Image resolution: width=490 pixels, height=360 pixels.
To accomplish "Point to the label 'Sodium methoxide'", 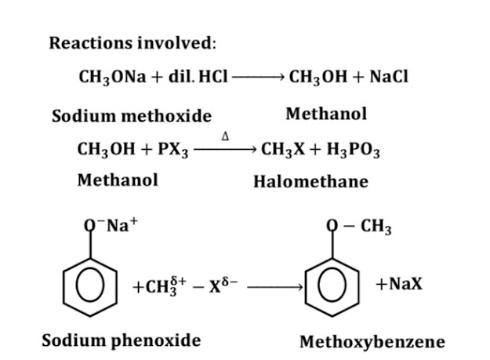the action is pyautogui.click(x=132, y=116).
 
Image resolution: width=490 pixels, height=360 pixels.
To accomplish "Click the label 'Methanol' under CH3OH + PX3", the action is pyautogui.click(x=118, y=180).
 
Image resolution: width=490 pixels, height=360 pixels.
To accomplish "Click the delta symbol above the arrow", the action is pyautogui.click(x=225, y=136).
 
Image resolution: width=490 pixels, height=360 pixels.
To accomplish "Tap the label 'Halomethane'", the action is pyautogui.click(x=310, y=182).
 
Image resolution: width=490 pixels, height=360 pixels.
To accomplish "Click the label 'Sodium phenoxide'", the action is pyautogui.click(x=121, y=340).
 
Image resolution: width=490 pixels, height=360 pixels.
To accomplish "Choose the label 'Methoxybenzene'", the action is pyautogui.click(x=372, y=342).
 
